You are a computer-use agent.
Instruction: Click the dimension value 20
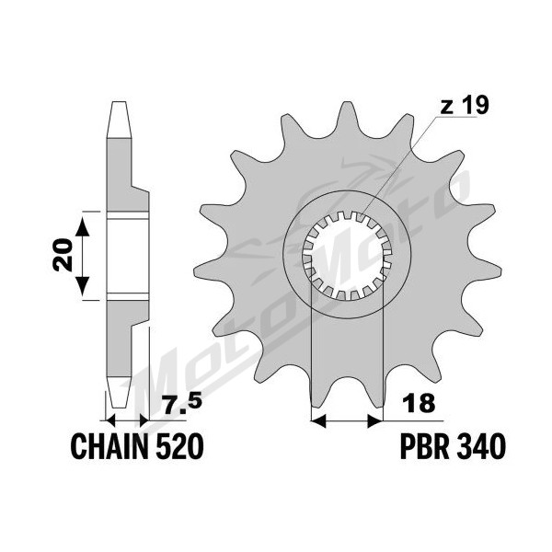point(63,255)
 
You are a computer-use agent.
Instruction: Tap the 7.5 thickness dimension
point(183,404)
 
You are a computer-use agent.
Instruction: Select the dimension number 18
point(420,403)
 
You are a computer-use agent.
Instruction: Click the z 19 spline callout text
point(464,106)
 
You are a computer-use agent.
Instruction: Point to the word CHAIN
point(109,445)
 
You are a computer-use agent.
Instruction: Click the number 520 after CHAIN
point(179,445)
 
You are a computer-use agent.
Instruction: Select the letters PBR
point(425,445)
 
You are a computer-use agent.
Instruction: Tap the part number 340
point(481,445)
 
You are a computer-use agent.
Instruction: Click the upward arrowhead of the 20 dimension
point(83,226)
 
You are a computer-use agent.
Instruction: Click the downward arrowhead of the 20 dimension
point(83,286)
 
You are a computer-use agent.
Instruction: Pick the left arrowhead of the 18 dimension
point(319,420)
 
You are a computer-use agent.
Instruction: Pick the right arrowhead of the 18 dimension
point(375,420)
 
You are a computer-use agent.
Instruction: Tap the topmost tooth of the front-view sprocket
point(348,116)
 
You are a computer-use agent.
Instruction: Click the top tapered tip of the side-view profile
point(119,119)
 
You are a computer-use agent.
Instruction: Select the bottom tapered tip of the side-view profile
point(119,393)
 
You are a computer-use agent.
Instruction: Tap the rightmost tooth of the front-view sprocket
point(488,270)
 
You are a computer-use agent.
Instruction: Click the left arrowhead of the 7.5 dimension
point(110,420)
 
